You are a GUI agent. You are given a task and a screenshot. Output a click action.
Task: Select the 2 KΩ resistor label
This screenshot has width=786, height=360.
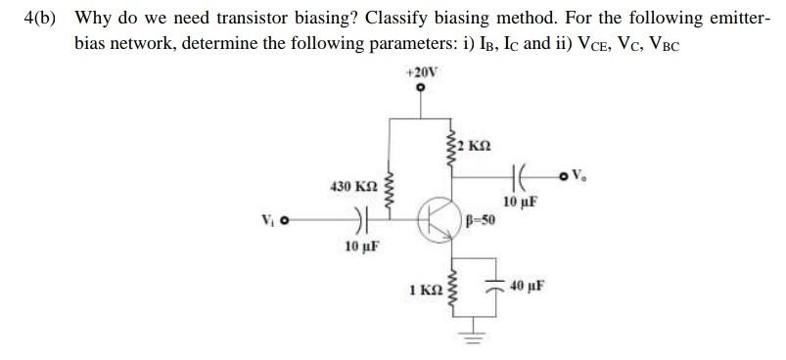tap(476, 146)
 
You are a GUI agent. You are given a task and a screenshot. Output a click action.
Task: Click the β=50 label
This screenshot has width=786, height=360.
tap(481, 221)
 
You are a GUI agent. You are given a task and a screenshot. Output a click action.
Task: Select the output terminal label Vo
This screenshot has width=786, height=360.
tap(578, 177)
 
